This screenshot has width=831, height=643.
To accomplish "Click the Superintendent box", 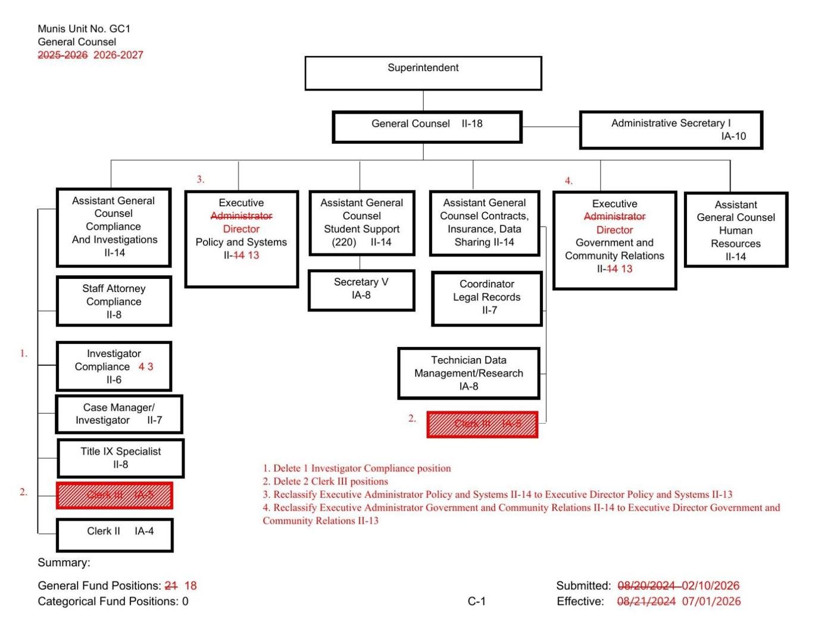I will [423, 73].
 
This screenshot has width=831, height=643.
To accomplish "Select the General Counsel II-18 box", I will [427, 127].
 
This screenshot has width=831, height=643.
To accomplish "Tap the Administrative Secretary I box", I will [671, 129].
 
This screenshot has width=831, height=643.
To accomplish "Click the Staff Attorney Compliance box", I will [114, 301].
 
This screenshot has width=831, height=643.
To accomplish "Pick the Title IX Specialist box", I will [120, 458].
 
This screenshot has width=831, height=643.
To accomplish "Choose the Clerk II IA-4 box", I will [114, 534].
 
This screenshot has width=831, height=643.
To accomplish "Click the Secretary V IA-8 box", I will [361, 290].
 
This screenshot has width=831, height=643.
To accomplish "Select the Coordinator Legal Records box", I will [486, 298].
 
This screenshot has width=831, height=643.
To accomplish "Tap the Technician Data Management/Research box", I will [468, 373].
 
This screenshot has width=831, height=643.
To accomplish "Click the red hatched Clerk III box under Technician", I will [482, 424].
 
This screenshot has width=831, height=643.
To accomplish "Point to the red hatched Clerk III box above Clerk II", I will [114, 495].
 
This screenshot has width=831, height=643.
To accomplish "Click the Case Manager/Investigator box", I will [118, 414].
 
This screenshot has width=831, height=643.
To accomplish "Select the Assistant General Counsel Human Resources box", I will [736, 230].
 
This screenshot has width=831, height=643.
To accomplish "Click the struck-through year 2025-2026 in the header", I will [63, 55].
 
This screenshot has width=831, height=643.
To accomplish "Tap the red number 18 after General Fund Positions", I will [190, 586].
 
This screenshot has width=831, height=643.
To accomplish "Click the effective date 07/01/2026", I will [711, 601].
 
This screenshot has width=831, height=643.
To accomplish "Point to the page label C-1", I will [476, 601].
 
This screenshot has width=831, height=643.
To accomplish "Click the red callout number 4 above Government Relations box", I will [568, 181].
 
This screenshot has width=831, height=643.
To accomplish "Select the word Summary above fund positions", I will [64, 563].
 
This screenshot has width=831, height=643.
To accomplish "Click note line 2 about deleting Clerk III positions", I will [326, 482].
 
